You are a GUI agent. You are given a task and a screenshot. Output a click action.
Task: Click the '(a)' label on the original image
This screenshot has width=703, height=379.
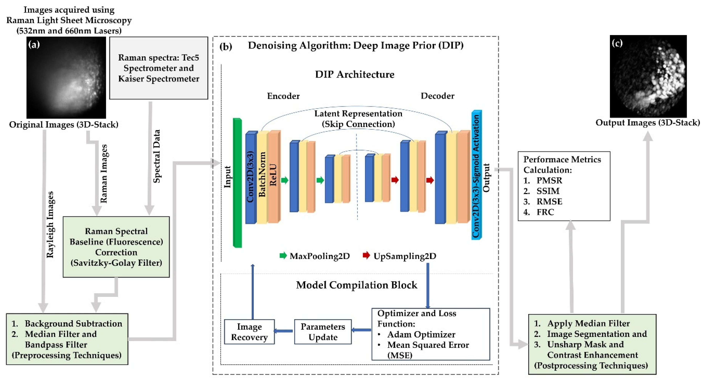click(34, 44)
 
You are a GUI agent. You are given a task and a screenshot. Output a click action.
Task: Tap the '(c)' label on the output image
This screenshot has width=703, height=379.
click(617, 43)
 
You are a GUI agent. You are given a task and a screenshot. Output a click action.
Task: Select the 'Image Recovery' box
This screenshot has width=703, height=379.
click(249, 332)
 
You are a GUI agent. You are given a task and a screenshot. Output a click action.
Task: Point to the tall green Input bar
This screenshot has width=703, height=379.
click(237, 183)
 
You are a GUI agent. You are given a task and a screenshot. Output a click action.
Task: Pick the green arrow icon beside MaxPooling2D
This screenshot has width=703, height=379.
click(283, 255)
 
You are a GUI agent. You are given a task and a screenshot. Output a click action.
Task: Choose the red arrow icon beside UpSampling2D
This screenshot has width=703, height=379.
click(366, 255)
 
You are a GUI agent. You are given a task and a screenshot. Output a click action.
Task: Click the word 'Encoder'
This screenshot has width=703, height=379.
click(283, 96)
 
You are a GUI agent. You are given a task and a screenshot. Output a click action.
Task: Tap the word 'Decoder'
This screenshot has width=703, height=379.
click(437, 96)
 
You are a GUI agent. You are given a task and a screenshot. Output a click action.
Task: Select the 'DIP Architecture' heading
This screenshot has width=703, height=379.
click(355, 74)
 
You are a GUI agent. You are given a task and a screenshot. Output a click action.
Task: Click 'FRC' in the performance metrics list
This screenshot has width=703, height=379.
click(545, 212)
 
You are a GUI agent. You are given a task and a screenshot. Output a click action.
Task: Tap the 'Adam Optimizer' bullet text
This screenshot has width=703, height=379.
click(421, 335)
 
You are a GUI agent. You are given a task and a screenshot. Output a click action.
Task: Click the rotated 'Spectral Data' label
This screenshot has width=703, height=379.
click(156, 156)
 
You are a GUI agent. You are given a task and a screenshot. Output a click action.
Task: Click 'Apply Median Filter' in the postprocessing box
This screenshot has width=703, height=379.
click(588, 324)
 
